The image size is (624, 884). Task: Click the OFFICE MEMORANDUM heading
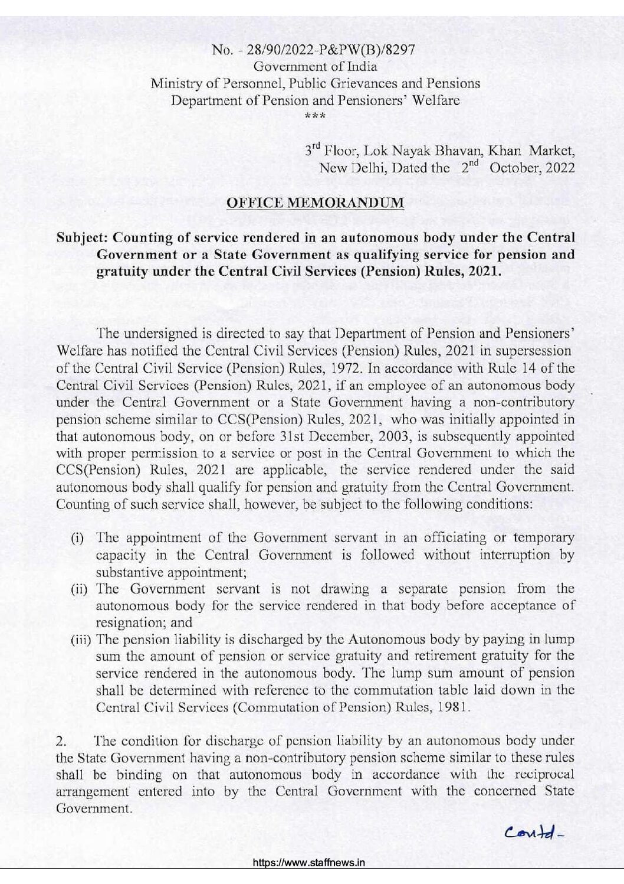pyautogui.click(x=315, y=203)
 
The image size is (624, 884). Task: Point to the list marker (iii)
pyautogui.click(x=81, y=640)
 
